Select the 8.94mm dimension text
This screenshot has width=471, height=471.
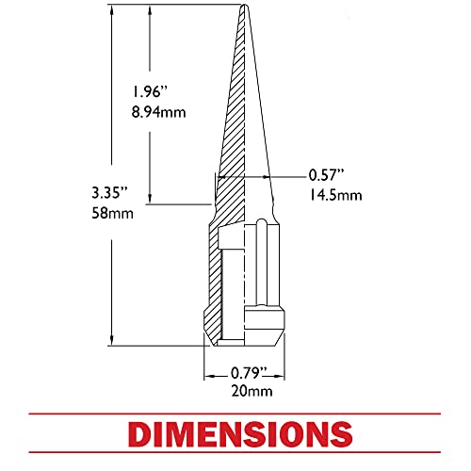[x=158, y=112]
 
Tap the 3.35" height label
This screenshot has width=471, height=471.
[x=110, y=192]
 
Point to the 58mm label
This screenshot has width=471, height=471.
[x=112, y=213]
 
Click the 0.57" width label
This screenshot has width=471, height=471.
[x=327, y=175]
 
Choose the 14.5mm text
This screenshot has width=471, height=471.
[x=335, y=195]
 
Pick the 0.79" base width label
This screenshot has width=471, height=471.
[x=249, y=373]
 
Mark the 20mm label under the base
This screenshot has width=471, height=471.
[x=252, y=391]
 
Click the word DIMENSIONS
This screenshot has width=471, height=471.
[x=240, y=434]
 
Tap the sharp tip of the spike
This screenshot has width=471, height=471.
[x=244, y=5]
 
